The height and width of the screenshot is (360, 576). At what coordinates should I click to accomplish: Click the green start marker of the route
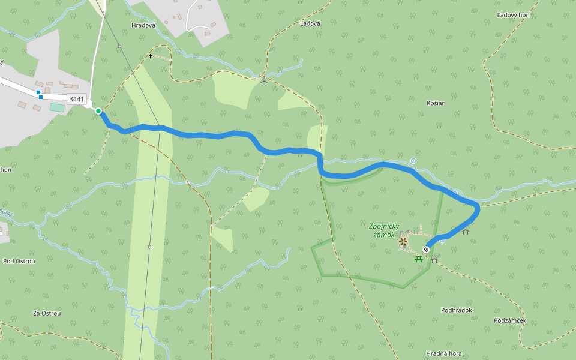98,111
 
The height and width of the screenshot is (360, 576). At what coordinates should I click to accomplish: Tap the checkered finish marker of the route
426,249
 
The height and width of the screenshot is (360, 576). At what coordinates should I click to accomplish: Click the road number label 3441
77,99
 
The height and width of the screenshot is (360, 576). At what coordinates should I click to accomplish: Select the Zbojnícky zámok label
384,230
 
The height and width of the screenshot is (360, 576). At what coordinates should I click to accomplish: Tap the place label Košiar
435,103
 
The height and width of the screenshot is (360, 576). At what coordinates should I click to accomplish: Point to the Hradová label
143,25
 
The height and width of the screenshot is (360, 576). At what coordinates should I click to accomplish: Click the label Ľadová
310,23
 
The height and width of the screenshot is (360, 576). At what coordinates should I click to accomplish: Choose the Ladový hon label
513,14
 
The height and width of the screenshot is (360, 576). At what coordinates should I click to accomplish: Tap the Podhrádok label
457,310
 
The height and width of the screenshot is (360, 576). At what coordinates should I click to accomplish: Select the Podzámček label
510,320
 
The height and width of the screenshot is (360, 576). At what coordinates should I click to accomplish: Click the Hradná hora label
443,353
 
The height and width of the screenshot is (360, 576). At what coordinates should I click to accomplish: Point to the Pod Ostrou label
19,261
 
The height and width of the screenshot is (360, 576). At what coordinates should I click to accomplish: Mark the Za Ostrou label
47,313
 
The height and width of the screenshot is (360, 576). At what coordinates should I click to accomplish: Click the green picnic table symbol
419,259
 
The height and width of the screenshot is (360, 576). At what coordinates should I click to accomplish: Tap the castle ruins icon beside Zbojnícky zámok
403,242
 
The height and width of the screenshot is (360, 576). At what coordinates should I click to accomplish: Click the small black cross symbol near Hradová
151,56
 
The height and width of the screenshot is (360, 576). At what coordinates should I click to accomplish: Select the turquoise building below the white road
57,107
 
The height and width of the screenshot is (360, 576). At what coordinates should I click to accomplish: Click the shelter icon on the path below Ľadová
264,82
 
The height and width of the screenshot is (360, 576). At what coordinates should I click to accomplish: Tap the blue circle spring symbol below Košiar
413,161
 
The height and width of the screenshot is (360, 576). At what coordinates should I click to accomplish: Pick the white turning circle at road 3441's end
89,104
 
